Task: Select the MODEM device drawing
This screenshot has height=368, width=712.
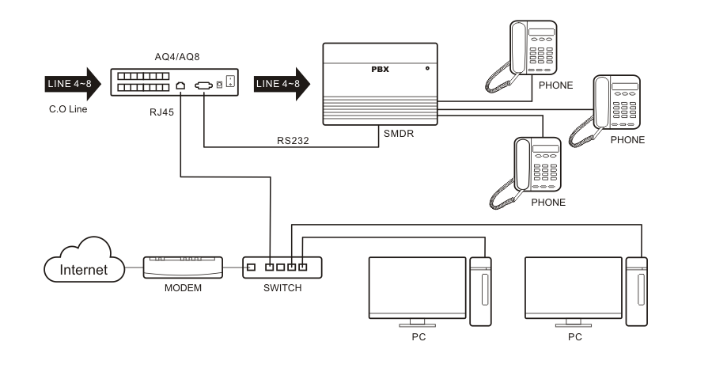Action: (183, 267)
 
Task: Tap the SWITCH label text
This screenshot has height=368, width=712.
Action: (282, 288)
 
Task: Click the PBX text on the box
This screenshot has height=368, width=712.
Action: (381, 70)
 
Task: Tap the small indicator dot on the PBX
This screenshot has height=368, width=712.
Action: (427, 69)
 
